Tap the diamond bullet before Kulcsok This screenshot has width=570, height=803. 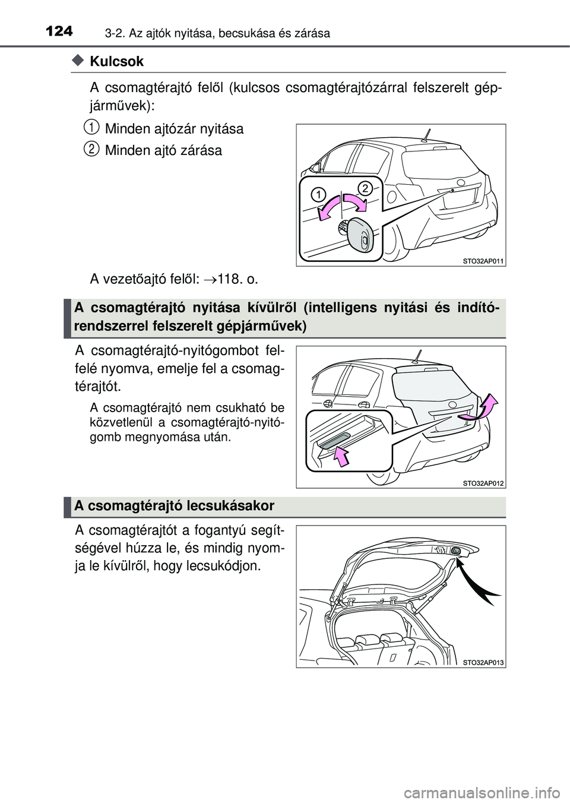tap(77, 61)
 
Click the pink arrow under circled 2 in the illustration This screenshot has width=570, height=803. tap(355, 204)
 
